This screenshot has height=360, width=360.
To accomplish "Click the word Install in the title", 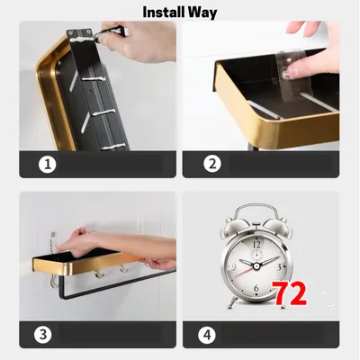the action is coord(164,13).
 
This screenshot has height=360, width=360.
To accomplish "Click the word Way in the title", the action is coord(202,13).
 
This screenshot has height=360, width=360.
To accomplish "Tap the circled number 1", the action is coord(48,164).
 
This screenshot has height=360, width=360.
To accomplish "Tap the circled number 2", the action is coord(212,164).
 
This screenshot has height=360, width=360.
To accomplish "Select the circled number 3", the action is coord(43,335).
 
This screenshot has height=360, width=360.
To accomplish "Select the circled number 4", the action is coord(207,335).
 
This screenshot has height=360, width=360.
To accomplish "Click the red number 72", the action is coord(291,293).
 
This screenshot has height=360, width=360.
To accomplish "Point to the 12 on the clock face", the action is coord(256,245).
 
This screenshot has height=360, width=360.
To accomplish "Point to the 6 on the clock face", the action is coord(256,288).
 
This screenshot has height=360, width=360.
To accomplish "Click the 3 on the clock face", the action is coord(279,267).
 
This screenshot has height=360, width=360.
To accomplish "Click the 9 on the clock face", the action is coord(234,266).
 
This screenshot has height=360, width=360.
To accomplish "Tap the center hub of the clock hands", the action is coord(256,265).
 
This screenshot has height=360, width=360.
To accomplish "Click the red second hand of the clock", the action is coord(245,273).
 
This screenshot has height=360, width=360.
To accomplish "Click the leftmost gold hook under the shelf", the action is coord(54,282).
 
